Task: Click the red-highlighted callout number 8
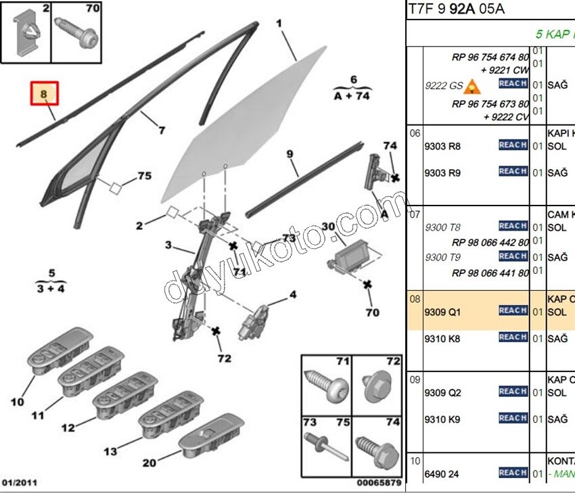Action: [44, 94]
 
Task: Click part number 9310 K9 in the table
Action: [442, 419]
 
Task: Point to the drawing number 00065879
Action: [379, 483]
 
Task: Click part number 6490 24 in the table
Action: [441, 473]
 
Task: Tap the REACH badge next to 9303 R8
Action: [513, 145]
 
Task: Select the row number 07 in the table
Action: [415, 214]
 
